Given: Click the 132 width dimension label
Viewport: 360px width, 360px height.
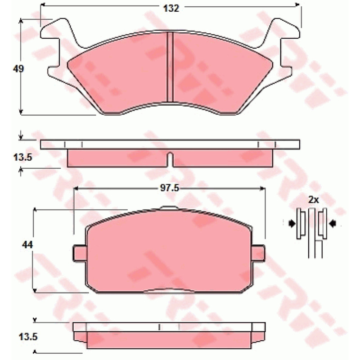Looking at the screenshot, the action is (171, 9).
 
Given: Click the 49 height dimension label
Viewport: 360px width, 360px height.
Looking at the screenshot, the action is (18, 69).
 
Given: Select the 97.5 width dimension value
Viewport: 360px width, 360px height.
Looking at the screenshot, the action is (170, 188).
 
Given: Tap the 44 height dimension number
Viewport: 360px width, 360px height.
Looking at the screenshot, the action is (27, 245).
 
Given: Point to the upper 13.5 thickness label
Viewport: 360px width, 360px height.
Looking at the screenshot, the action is (23, 157).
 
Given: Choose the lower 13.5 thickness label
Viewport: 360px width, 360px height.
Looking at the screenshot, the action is (28, 337).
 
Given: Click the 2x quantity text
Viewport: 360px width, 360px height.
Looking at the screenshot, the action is (313, 200).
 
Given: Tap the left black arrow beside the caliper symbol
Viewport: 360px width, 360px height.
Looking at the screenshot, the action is (292, 223).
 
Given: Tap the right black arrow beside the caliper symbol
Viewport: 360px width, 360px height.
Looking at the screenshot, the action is (333, 223).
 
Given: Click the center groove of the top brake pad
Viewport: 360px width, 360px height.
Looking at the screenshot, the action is (170, 67).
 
